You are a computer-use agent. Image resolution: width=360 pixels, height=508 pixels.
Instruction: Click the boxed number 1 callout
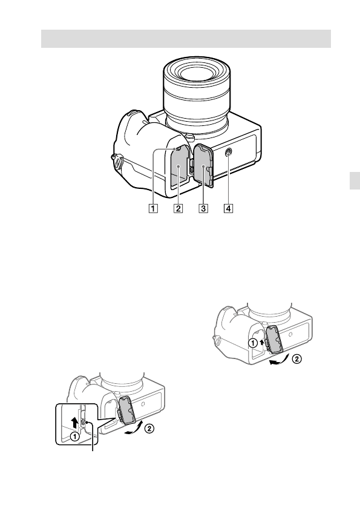(153, 208)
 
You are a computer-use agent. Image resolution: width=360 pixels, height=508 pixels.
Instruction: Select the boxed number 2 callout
(178, 208)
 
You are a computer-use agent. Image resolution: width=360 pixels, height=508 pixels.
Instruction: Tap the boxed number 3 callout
(203, 208)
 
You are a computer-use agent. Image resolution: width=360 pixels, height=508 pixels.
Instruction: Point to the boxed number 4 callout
(229, 208)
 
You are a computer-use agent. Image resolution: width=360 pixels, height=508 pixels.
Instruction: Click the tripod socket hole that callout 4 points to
(229, 151)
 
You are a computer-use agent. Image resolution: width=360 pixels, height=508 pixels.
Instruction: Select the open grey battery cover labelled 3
(203, 165)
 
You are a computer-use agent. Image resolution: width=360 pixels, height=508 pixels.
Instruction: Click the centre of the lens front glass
(196, 73)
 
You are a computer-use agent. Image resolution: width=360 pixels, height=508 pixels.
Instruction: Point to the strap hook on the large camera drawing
(117, 161)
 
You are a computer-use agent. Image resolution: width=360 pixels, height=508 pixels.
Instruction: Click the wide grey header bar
(186, 39)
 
